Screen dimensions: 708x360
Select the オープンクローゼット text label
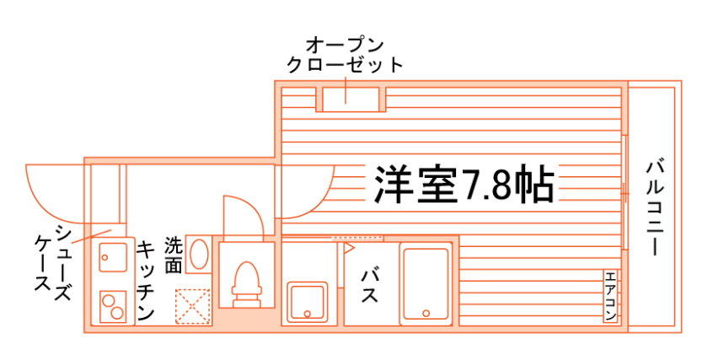coord(345,53)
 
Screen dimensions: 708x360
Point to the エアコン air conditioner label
coord(610,296)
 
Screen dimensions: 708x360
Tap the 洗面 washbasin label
coord(173,255)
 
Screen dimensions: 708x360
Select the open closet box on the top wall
coord(348,97)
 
